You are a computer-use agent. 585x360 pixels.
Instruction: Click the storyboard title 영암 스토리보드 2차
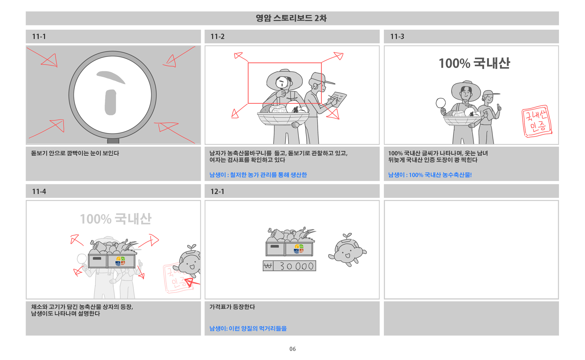point(291,18)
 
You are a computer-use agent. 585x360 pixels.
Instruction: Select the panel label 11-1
point(39,36)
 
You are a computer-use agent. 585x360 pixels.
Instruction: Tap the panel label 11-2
point(217,36)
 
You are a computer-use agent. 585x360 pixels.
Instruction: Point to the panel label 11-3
point(397,36)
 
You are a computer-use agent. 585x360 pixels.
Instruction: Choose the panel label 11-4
point(39,191)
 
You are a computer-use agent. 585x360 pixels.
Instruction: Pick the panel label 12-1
point(217,191)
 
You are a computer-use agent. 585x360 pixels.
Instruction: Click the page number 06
point(292,349)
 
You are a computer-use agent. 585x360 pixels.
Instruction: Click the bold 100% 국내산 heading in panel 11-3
point(474,63)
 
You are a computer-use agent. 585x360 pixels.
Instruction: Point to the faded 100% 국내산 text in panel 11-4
point(115,219)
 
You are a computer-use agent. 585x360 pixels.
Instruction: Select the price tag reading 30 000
point(289,266)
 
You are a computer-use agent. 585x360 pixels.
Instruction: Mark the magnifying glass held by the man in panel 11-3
point(441,103)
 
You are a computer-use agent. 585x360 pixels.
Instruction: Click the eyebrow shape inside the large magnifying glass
point(111,77)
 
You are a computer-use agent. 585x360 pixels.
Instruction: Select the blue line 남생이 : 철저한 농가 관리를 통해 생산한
point(258,175)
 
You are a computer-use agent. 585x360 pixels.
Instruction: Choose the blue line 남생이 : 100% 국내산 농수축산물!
point(430,175)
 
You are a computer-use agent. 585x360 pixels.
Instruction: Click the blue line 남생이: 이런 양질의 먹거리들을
point(248,328)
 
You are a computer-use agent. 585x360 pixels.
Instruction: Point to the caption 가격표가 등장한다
point(232,307)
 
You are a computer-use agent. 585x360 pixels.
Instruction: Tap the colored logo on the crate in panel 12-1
point(299,249)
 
